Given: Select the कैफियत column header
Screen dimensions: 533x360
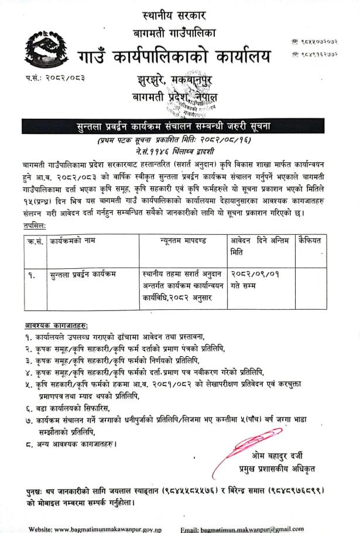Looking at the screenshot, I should click(x=312, y=240).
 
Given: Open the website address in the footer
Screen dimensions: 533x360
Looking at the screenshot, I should click(x=97, y=528).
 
